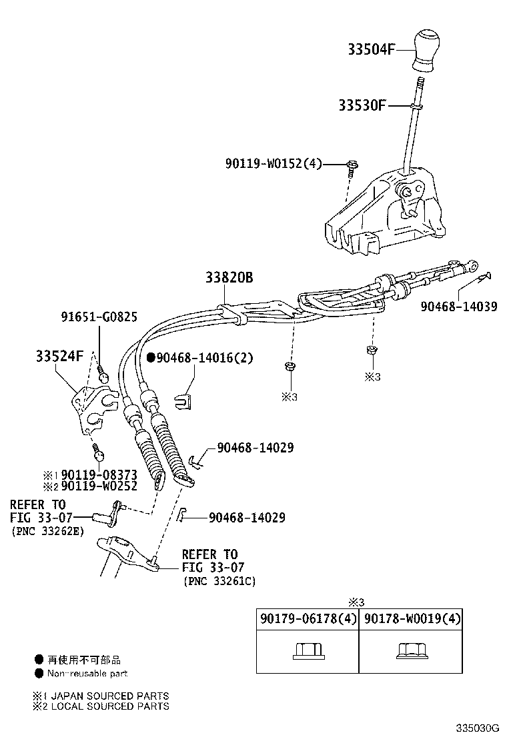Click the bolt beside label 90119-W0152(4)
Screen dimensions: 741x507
pos(352,165)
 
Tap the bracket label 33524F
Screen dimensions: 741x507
pos(60,356)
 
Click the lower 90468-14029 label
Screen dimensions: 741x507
pos(247,517)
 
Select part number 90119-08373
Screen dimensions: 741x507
pos(99,474)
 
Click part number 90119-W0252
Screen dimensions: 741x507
pos(99,486)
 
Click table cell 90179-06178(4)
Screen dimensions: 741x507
pos(308,619)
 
